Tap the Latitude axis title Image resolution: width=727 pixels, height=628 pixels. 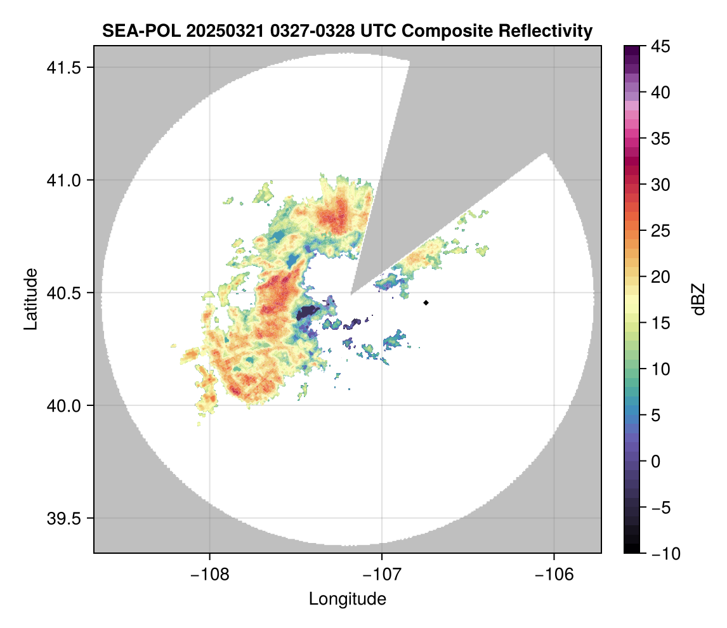[30, 299]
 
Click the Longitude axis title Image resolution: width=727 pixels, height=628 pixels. [347, 599]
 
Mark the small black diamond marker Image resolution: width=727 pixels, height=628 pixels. [426, 303]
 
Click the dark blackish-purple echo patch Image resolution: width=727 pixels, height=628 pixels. [309, 312]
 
